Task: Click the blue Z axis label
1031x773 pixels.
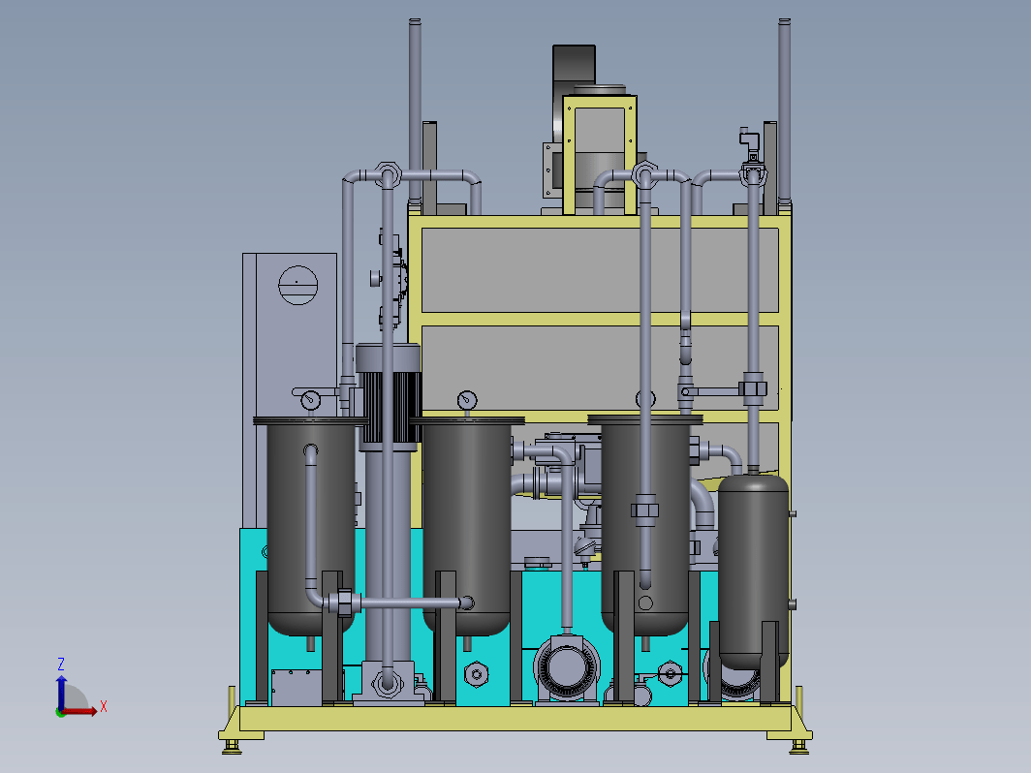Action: click(x=60, y=664)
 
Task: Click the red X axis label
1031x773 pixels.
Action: click(x=104, y=707)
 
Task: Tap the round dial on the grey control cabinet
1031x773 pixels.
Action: click(x=297, y=285)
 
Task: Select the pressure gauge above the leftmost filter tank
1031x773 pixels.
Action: click(x=310, y=399)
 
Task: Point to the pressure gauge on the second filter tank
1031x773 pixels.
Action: click(x=467, y=399)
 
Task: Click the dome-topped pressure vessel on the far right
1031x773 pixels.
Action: click(x=754, y=571)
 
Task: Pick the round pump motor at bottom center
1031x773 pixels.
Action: click(x=566, y=668)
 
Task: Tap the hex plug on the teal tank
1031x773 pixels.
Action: click(x=476, y=674)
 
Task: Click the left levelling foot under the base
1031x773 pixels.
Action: click(x=232, y=746)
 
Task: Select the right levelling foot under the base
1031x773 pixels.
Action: click(x=798, y=746)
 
